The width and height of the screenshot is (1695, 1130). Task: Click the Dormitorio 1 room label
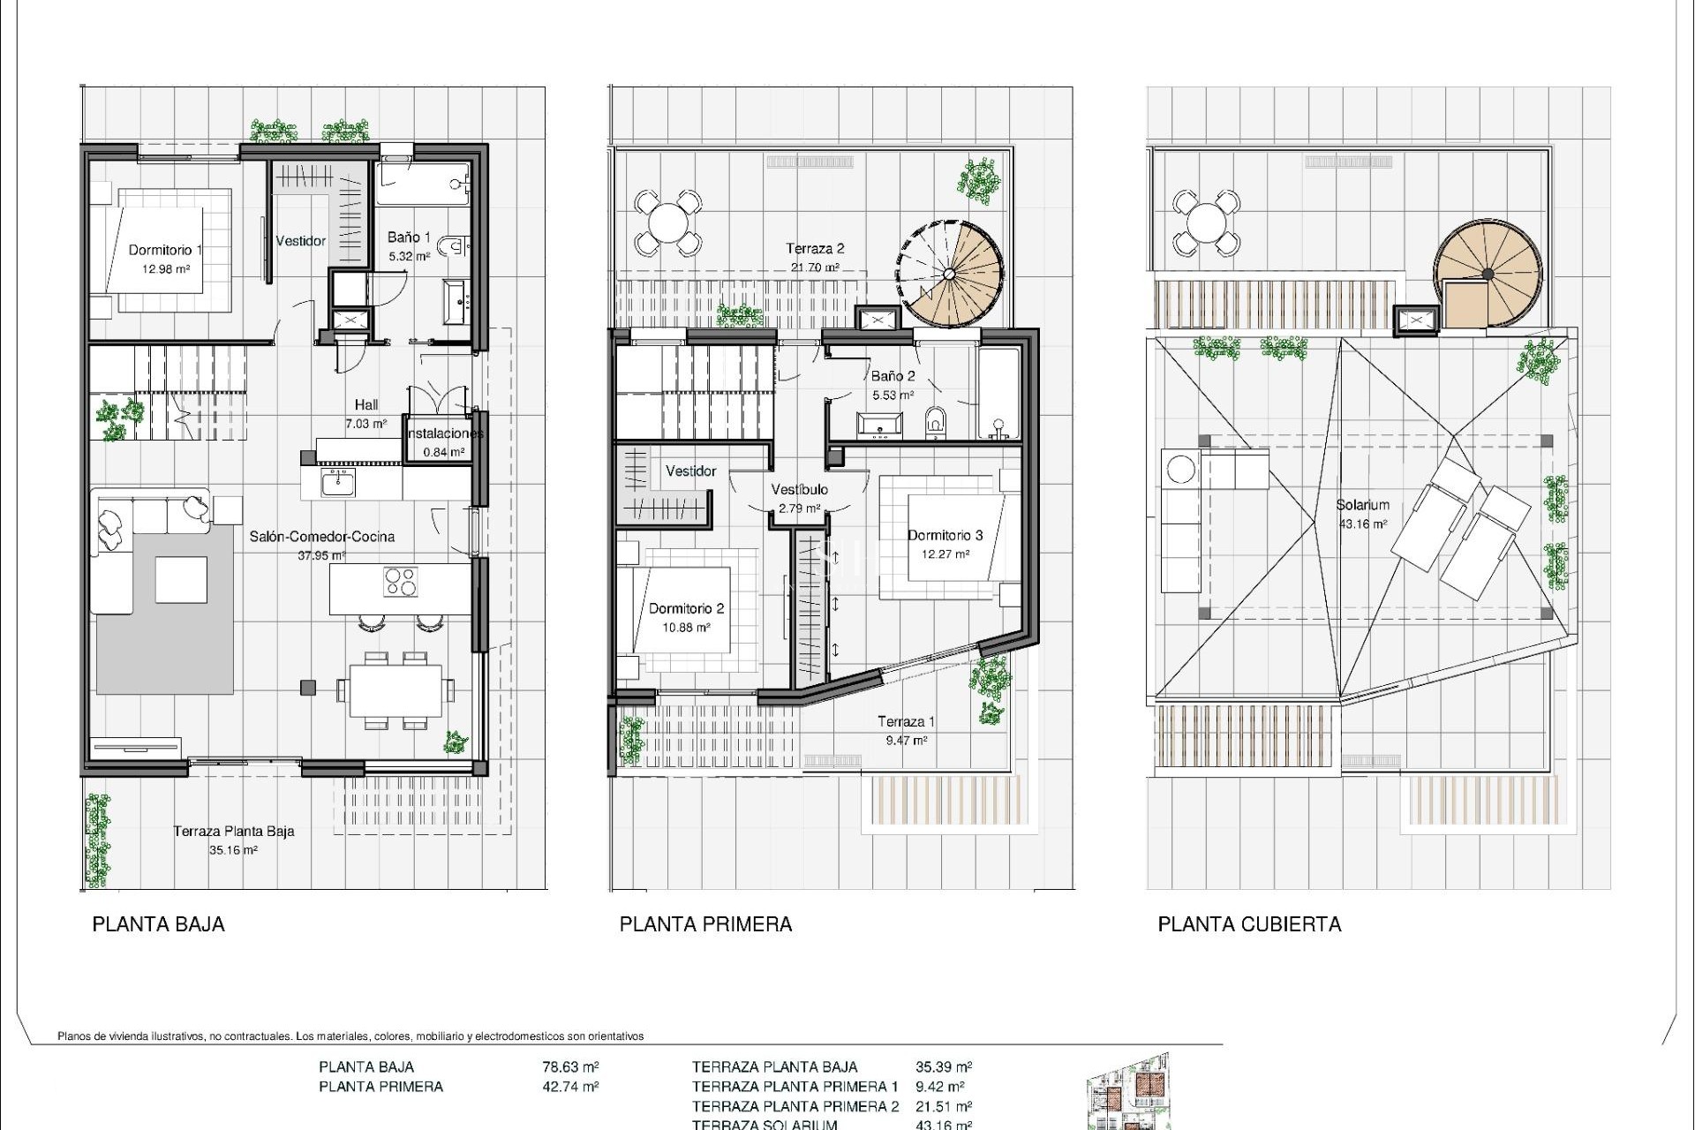[x=165, y=250]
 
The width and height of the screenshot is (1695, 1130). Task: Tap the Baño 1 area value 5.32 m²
[x=409, y=257]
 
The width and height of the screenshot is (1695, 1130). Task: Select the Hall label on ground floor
[x=366, y=404]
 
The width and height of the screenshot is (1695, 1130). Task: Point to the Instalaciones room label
[x=444, y=433]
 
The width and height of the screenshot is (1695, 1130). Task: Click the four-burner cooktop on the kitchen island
[x=401, y=581]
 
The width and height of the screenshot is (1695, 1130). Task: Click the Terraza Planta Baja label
[x=233, y=831]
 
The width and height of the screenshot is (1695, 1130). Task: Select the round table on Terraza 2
[x=669, y=221]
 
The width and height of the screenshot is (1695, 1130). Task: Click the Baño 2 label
[x=893, y=375]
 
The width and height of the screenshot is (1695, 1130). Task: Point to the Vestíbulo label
[x=799, y=489]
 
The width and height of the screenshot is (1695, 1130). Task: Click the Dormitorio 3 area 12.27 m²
[x=945, y=554]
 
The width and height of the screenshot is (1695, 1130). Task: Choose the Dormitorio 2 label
[x=686, y=608]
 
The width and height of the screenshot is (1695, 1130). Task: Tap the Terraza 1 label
[x=906, y=721]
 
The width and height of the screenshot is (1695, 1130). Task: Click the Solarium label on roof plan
[x=1362, y=505]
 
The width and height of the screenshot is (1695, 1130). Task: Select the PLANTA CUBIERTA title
[x=1248, y=924]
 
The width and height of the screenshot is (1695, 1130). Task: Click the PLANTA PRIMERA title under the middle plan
[x=705, y=924]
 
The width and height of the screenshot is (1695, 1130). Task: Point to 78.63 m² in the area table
[x=570, y=1066]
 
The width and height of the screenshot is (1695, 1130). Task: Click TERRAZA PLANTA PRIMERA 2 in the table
[x=795, y=1106]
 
